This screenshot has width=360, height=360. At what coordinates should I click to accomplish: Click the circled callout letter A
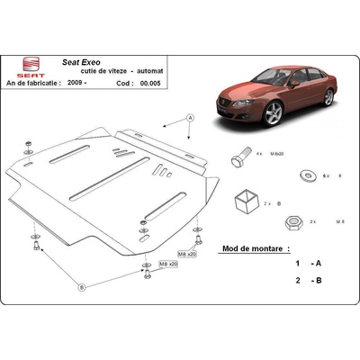(x=190, y=118)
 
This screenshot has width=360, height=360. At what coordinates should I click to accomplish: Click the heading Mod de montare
(x=254, y=247)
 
